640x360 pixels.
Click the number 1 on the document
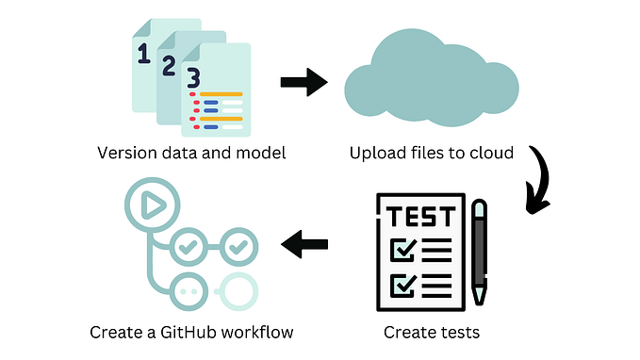144,56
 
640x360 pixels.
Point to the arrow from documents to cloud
304,82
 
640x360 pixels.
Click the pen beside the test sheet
480,250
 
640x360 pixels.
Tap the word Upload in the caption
372,153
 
